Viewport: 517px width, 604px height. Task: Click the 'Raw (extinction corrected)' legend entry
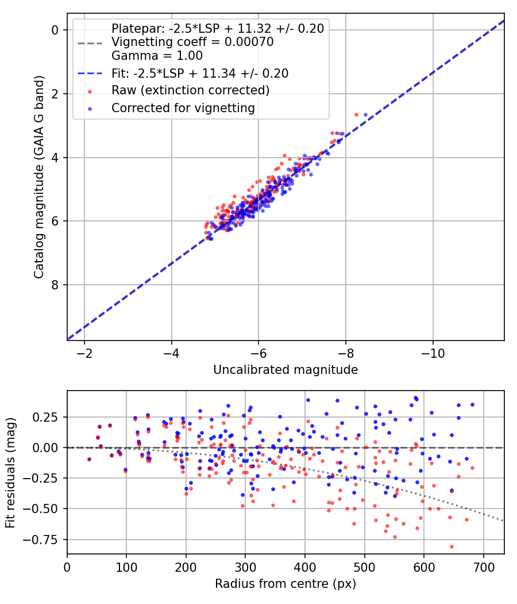tap(190, 90)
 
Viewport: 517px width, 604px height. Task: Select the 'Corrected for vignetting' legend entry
tap(183, 108)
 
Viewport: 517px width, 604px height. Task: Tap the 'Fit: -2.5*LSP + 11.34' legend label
tap(200, 73)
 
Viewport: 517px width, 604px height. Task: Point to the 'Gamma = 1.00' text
tap(157, 56)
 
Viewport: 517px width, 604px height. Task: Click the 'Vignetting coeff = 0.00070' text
tap(192, 42)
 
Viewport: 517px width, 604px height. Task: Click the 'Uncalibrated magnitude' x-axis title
tap(285, 370)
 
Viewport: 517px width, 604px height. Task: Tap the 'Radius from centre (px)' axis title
tap(285, 584)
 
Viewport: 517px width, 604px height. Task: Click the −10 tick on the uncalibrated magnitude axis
tap(433, 353)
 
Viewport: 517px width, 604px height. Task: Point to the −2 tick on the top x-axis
tap(84, 353)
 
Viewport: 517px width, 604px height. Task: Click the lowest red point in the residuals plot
tap(452, 546)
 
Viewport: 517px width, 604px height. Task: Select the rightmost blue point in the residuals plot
tap(472, 404)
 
